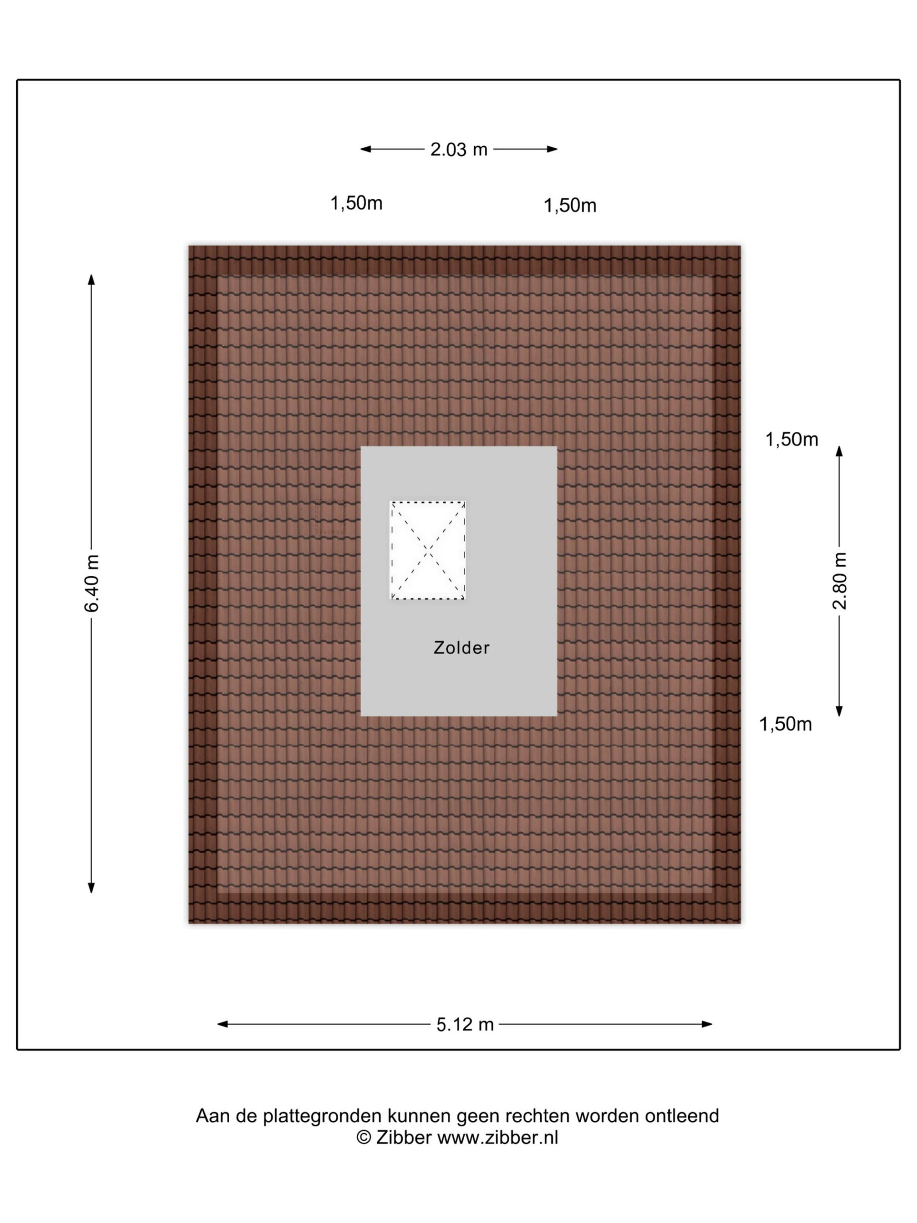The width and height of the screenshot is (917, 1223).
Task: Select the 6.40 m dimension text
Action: pyautogui.click(x=92, y=583)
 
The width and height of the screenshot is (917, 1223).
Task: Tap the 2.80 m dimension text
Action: pyautogui.click(x=839, y=580)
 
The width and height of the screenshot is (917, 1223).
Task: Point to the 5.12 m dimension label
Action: pyautogui.click(x=464, y=1025)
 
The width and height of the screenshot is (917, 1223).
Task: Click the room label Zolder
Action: pyautogui.click(x=461, y=647)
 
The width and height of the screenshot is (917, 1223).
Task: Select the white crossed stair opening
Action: pyautogui.click(x=427, y=550)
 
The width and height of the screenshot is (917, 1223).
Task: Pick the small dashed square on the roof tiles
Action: pyautogui.click(x=330, y=517)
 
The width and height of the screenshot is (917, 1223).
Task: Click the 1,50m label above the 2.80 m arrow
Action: pyautogui.click(x=791, y=440)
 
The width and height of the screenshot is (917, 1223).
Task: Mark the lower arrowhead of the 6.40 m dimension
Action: pyautogui.click(x=92, y=888)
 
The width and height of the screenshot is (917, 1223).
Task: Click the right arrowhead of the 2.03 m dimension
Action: pyautogui.click(x=552, y=149)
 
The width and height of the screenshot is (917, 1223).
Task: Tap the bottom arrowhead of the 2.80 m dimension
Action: pyautogui.click(x=839, y=711)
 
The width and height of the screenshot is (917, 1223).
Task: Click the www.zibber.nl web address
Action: pyautogui.click(x=498, y=1137)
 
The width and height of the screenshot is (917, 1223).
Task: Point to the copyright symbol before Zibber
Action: pyautogui.click(x=363, y=1137)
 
